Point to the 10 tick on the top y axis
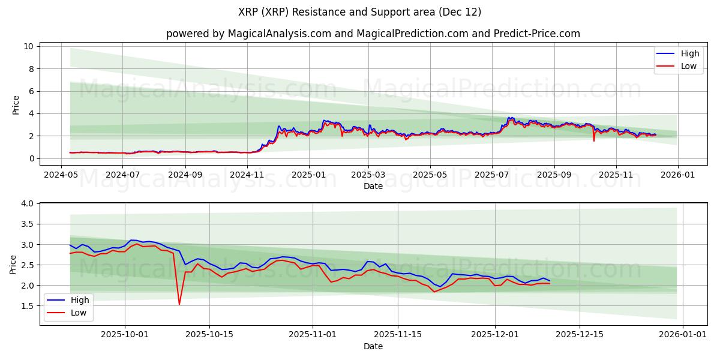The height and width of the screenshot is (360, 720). click(28, 46)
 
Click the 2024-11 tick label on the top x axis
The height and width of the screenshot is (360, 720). click(247, 175)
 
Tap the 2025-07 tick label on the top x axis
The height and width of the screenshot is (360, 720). click(491, 175)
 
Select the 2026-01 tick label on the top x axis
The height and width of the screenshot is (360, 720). click(678, 175)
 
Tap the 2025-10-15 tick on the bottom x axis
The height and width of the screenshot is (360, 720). click(209, 334)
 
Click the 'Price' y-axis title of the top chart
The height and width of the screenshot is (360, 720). click(16, 105)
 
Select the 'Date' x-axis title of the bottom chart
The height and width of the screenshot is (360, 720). click(373, 346)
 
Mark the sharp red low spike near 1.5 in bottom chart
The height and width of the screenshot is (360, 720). click(179, 304)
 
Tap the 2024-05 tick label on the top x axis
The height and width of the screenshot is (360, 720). click(61, 175)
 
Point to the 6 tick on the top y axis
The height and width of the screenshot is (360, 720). click(31, 91)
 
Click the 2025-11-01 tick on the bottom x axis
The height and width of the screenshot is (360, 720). click(313, 334)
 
